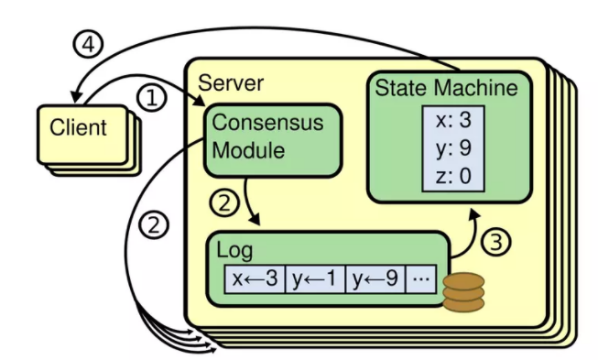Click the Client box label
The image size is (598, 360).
click(x=77, y=126)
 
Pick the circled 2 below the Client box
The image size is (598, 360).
click(x=157, y=223)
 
